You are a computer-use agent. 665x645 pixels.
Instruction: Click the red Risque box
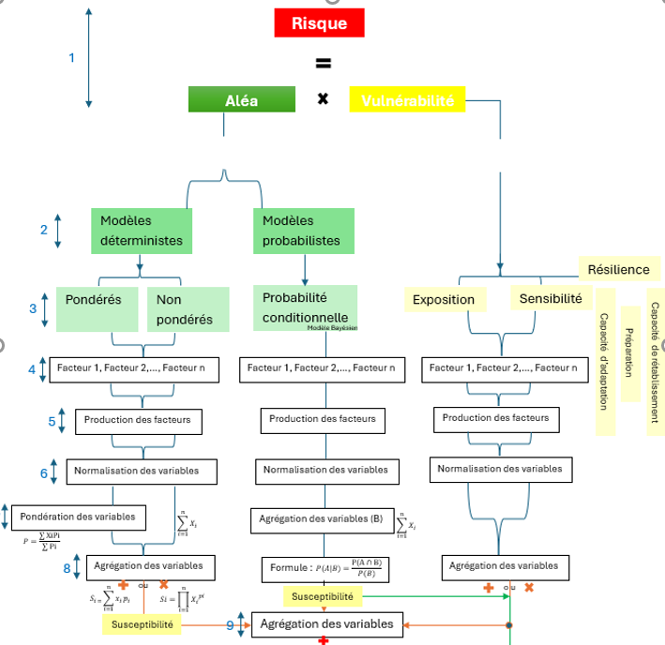pos(319,23)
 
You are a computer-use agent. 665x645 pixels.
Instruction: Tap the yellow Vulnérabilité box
pos(407,99)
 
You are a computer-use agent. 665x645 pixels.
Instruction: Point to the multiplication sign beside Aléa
pos(323,98)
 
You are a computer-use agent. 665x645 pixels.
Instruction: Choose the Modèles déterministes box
pos(142,231)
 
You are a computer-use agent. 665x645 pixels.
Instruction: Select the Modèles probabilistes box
pos(304,231)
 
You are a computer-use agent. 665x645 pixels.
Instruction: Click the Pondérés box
pos(98,309)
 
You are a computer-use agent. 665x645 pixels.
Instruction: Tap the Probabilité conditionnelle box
pos(306,307)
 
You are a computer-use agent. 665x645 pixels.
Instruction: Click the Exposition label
pos(444,300)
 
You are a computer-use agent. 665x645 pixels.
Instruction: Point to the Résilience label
pos(618,269)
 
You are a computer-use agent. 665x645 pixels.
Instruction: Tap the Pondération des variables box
pos(77,516)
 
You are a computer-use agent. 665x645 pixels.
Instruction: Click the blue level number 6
pos(44,473)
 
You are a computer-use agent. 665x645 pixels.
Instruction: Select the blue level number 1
pos(71,58)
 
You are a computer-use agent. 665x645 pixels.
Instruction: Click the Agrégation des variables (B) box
pos(322,518)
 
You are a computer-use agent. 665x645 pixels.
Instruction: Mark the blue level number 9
pos(230,624)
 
